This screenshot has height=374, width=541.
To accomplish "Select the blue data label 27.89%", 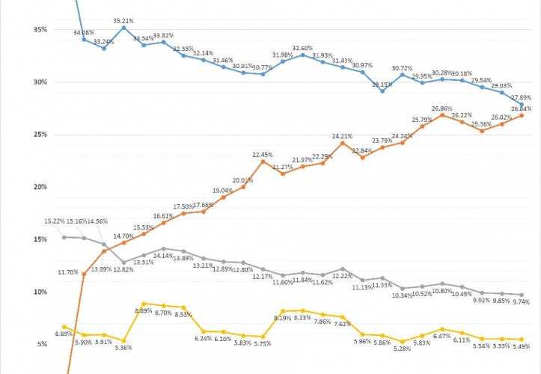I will (x=522, y=97).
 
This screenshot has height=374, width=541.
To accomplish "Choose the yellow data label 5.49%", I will (x=522, y=346).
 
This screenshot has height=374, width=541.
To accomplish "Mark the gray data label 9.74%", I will (x=522, y=301).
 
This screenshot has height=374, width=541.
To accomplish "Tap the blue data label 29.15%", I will (x=382, y=84).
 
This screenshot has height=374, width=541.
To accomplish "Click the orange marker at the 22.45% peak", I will (x=263, y=162).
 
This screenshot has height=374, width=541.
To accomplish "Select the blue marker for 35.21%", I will (x=123, y=28).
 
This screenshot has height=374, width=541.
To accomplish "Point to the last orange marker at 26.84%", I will (x=522, y=115).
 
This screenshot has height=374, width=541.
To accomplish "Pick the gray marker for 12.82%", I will (x=123, y=263).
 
